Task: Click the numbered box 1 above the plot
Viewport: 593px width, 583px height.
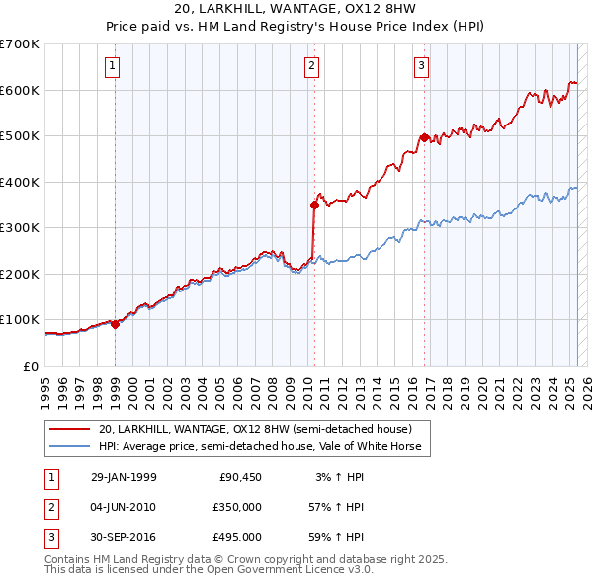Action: [x=114, y=67]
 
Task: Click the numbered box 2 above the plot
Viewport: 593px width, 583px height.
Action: [x=311, y=67]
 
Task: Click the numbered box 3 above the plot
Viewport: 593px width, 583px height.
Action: [x=421, y=67]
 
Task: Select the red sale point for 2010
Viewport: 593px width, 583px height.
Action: [x=314, y=206]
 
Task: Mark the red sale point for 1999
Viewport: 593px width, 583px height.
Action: [x=116, y=324]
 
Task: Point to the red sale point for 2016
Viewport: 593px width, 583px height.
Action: [x=424, y=138]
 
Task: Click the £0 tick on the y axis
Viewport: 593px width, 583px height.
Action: [x=32, y=366]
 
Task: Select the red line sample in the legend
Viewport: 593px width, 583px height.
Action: [x=70, y=430]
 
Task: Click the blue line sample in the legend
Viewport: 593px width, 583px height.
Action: [x=70, y=447]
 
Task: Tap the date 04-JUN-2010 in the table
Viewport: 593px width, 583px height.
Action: [x=124, y=507]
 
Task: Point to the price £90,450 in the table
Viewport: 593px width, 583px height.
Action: [x=240, y=477]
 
